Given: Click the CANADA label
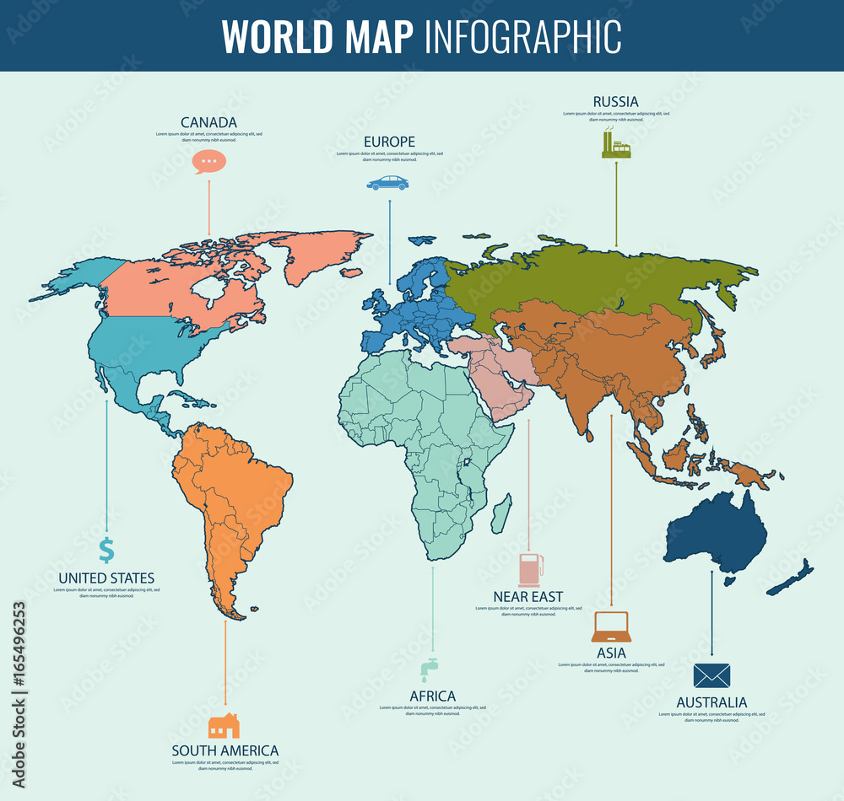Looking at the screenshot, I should click(208, 122).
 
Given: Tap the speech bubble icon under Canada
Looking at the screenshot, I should click(209, 160).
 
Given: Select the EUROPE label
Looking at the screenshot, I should click(389, 142).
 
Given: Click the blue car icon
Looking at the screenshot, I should click(387, 183).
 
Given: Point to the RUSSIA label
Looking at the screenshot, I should click(615, 102).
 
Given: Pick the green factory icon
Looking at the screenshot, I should click(615, 144).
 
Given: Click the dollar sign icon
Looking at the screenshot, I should click(106, 550).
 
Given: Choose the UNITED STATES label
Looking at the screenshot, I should click(106, 578).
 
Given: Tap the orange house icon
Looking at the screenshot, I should click(224, 725).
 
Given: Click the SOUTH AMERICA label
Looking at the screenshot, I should click(225, 750).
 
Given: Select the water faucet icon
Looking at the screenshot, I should click(430, 669).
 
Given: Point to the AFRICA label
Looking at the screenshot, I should click(432, 696).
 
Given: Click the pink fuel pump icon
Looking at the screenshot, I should click(530, 569).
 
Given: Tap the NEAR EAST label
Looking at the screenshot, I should click(528, 597).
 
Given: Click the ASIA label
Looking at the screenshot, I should click(611, 653).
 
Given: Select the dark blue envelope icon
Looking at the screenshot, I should click(711, 675).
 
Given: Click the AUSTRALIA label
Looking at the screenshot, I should click(711, 702).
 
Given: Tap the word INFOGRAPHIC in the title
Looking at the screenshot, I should click(523, 35).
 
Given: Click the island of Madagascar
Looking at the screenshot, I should click(501, 512).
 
